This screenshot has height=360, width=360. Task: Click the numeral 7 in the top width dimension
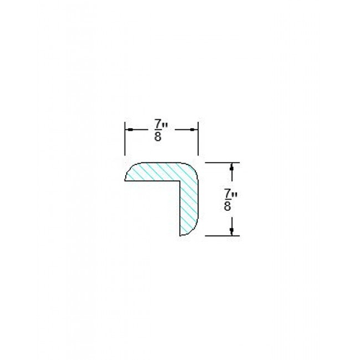point(158,122)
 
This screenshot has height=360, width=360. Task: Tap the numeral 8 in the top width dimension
point(158,135)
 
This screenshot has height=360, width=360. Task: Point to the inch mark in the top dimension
point(166,122)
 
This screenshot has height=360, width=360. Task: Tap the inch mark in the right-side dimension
point(235,192)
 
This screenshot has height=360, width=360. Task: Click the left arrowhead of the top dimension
point(129,129)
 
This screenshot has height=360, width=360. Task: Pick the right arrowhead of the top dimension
point(194,129)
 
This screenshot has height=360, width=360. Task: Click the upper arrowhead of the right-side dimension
point(231,167)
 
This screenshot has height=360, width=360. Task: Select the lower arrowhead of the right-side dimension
point(231,231)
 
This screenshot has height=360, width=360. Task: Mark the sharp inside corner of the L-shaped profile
point(179,181)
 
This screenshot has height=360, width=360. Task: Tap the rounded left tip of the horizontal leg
point(127,174)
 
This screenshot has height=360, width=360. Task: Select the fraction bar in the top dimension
point(158,129)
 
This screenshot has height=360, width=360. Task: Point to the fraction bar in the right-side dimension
point(228,199)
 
